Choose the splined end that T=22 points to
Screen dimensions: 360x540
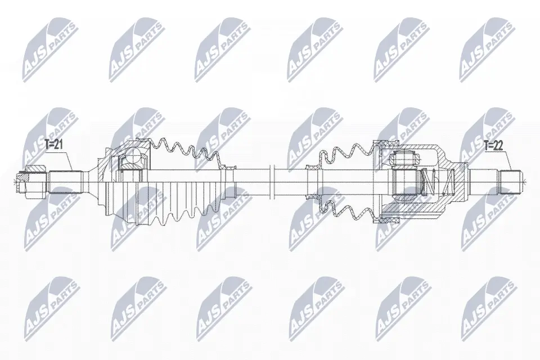509,181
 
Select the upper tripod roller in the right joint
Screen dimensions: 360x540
404,158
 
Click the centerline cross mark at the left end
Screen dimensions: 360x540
14,181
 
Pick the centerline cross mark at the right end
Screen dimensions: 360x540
524,181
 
